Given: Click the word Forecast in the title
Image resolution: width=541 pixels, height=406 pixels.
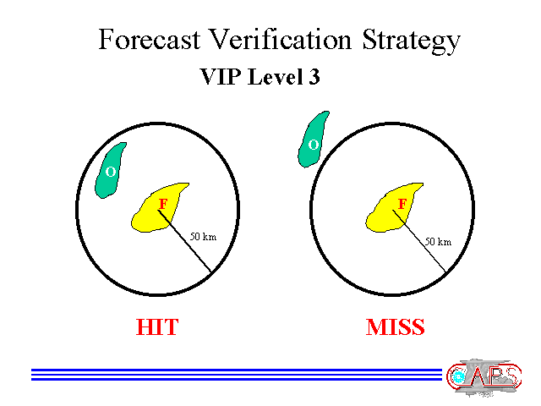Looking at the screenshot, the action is pyautogui.click(x=149, y=40).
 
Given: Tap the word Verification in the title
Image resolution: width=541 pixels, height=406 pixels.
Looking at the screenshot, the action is pyautogui.click(x=280, y=39).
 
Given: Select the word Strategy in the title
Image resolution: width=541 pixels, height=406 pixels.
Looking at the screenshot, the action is pyautogui.click(x=412, y=41).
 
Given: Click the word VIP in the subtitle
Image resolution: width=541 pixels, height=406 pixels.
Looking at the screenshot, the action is pyautogui.click(x=220, y=76).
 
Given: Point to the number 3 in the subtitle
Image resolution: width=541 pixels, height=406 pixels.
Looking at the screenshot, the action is pyautogui.click(x=314, y=76).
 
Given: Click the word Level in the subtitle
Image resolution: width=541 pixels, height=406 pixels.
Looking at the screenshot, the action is pyautogui.click(x=275, y=76).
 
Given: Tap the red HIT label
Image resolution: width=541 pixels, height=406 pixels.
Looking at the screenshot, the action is pyautogui.click(x=157, y=326).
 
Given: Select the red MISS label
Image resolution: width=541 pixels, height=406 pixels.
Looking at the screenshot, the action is pyautogui.click(x=395, y=326).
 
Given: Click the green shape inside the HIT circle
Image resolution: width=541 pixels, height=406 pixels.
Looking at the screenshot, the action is pyautogui.click(x=110, y=171).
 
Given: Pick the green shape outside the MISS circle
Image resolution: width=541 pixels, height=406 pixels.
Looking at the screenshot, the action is pyautogui.click(x=313, y=140).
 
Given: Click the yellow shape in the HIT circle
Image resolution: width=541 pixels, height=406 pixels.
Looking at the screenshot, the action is pyautogui.click(x=159, y=208).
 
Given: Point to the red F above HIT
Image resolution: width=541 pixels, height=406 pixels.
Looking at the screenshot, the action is pyautogui.click(x=163, y=204).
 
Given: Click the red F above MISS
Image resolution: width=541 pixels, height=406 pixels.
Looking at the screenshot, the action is pyautogui.click(x=402, y=204).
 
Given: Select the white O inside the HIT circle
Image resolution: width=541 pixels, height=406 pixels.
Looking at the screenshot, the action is pyautogui.click(x=111, y=172).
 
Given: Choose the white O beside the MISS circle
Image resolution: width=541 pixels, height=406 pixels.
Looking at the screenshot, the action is pyautogui.click(x=314, y=145).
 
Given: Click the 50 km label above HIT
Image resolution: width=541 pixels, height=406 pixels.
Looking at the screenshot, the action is pyautogui.click(x=203, y=237).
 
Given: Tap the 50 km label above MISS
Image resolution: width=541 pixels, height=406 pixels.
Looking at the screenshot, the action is pyautogui.click(x=438, y=241).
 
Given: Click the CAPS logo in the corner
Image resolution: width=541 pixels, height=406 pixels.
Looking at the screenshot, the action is pyautogui.click(x=484, y=377).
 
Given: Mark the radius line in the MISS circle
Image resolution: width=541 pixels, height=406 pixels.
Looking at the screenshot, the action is pyautogui.click(x=419, y=240).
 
